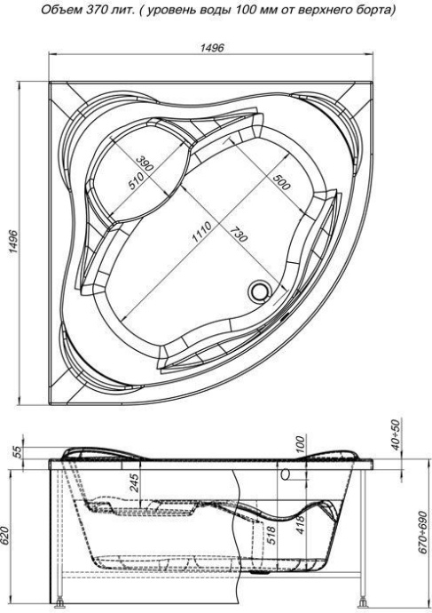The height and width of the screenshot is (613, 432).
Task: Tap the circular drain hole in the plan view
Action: pos(260,291)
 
